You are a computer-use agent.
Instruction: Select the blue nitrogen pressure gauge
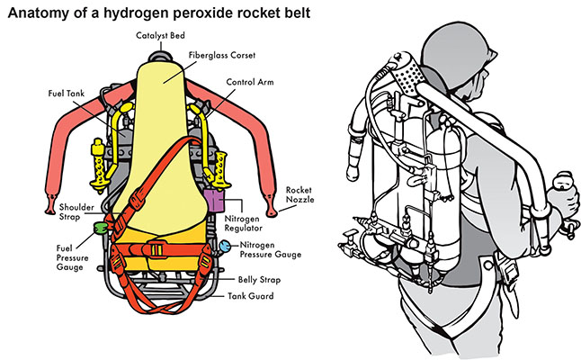223,244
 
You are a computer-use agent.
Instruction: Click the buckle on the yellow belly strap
156,249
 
